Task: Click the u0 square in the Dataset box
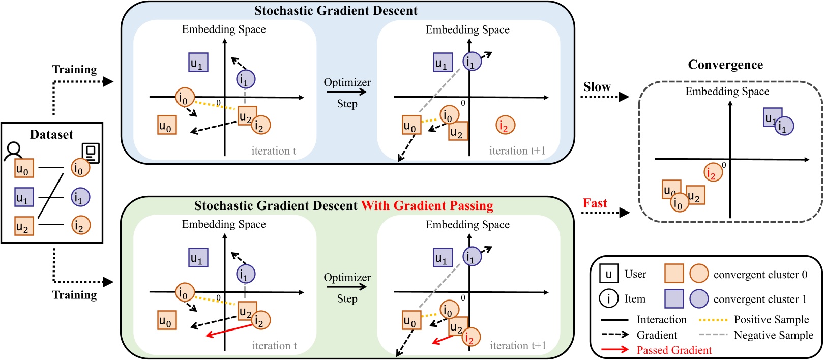(x=24, y=168)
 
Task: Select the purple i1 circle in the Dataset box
(x=80, y=197)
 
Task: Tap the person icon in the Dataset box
(x=13, y=151)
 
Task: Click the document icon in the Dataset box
(x=91, y=153)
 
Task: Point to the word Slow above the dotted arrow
(x=597, y=87)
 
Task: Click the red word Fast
(x=595, y=203)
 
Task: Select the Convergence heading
(x=725, y=65)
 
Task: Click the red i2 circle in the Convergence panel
(x=713, y=173)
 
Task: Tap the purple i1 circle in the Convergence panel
(x=784, y=126)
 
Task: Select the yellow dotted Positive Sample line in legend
(x=713, y=320)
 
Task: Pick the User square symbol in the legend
(x=608, y=274)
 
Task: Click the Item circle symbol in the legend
(x=608, y=298)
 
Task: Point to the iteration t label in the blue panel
(x=274, y=151)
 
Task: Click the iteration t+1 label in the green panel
(x=517, y=346)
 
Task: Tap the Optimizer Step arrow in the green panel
(x=347, y=287)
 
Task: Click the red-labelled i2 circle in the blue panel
(x=505, y=125)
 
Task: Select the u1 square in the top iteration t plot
(x=198, y=63)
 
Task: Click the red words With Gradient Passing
(x=427, y=206)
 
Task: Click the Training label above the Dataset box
(x=74, y=70)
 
